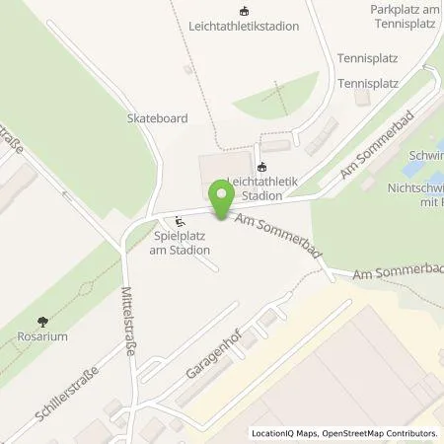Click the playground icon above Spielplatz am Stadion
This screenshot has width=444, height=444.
pos(179,221)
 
